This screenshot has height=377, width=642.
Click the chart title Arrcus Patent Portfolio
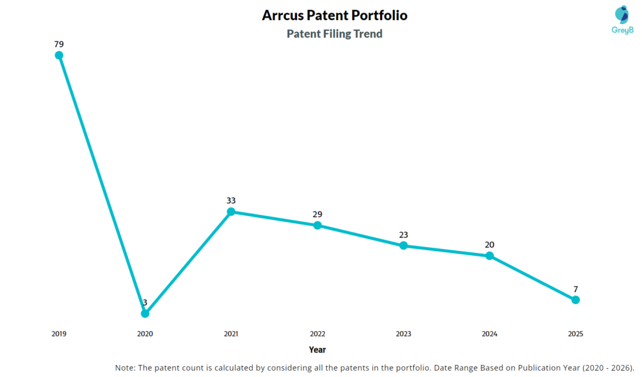point(334,15)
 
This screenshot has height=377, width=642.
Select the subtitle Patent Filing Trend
point(334,34)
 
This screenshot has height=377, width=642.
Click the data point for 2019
point(59,55)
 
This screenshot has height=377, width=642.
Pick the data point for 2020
point(145,313)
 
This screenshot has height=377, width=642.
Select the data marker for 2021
point(231,211)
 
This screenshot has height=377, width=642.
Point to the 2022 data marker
point(317,225)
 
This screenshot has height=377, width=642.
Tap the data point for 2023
point(403,245)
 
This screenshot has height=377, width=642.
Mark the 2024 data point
point(490,255)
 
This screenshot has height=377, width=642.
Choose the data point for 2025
point(576,300)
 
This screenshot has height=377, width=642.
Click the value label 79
point(59,44)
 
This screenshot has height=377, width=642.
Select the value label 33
point(231,201)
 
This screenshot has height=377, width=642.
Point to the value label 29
point(317,215)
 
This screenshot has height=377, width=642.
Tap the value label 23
point(403,235)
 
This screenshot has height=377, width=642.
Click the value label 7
point(576,289)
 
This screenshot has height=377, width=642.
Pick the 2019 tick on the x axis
point(59,334)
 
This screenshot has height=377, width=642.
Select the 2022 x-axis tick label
point(317,334)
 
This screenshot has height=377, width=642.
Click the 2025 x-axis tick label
point(576,334)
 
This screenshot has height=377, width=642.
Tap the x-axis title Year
point(317,349)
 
